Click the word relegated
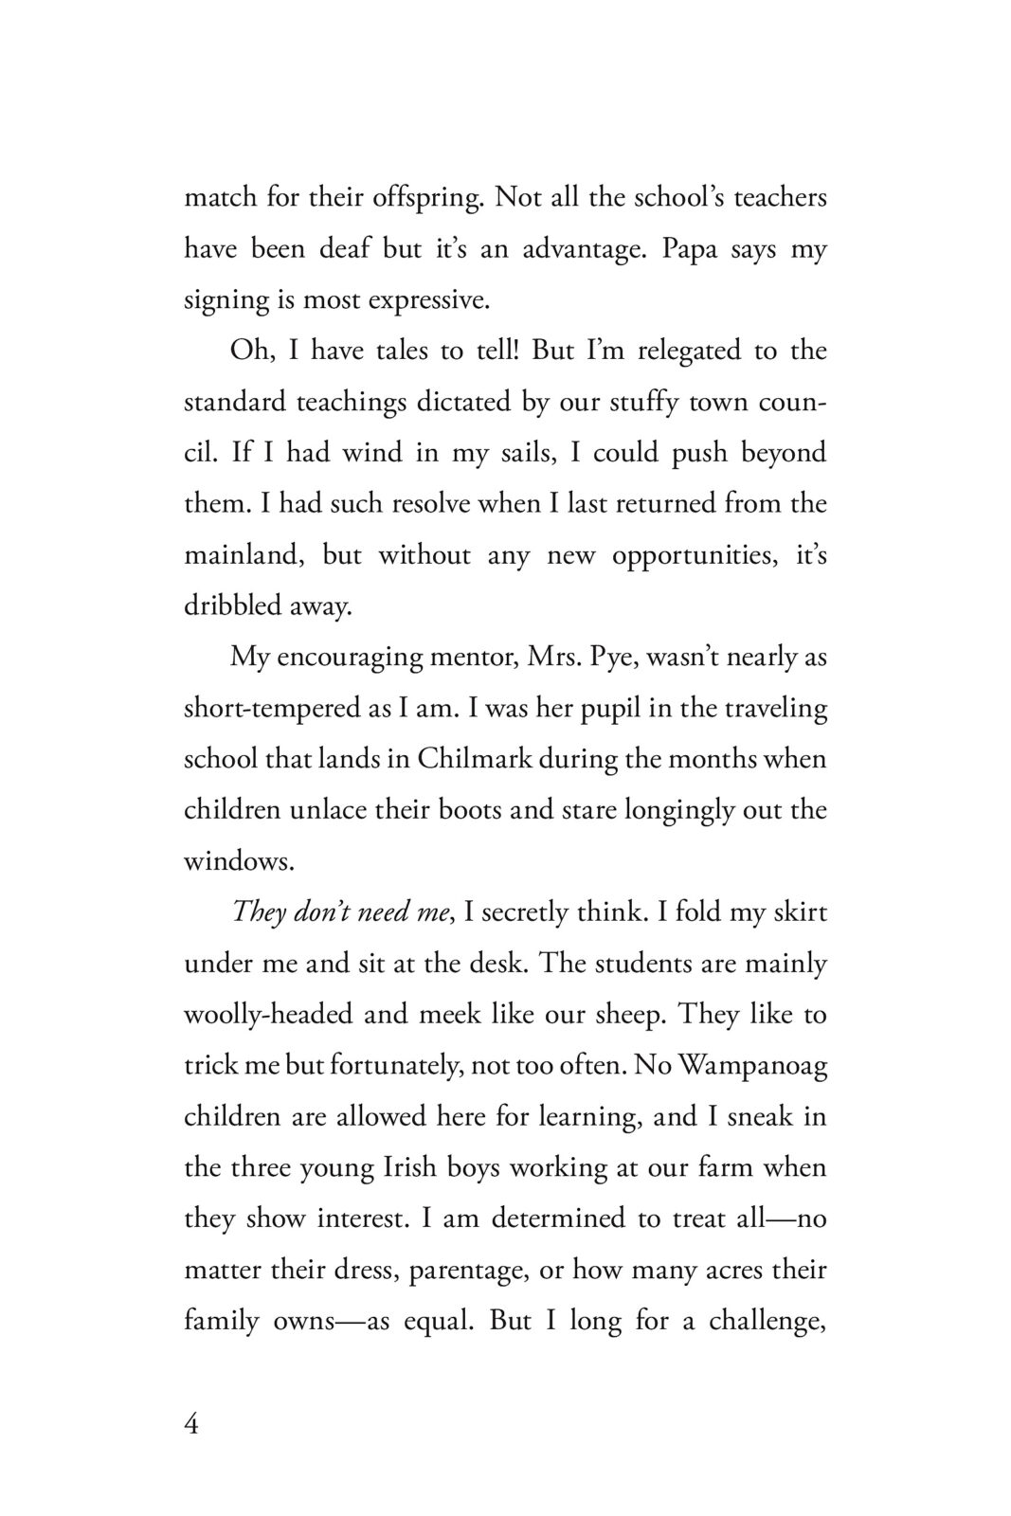coord(685,351)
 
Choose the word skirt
coord(796,912)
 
